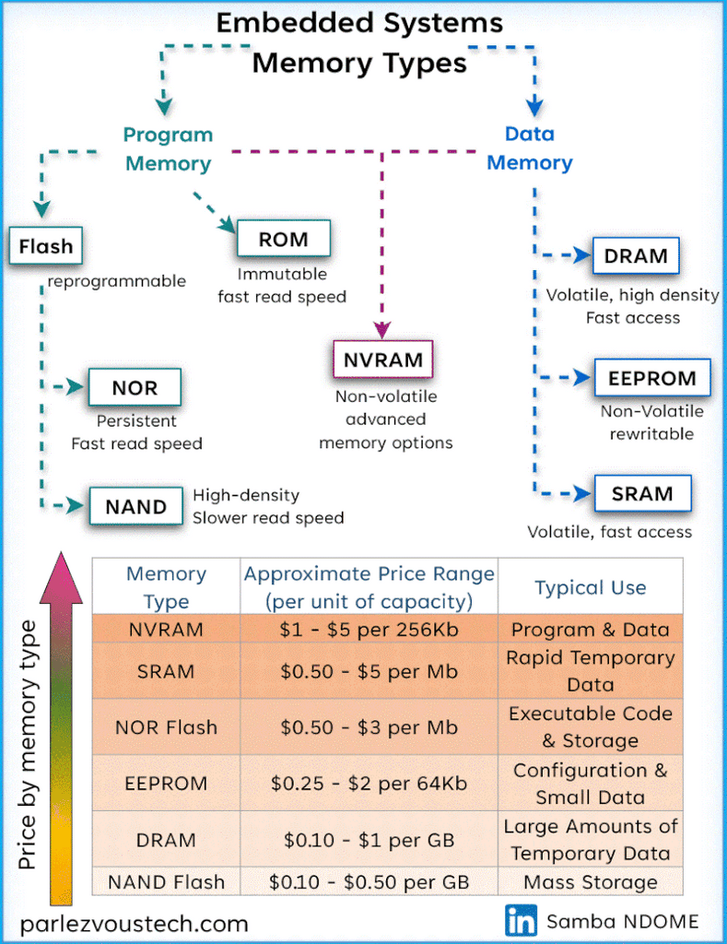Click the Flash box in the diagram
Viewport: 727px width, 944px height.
click(x=45, y=246)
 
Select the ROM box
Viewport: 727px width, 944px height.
click(x=283, y=240)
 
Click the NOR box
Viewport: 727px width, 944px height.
click(x=135, y=388)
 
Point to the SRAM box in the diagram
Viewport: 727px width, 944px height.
click(x=641, y=493)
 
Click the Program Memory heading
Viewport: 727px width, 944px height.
click(x=168, y=149)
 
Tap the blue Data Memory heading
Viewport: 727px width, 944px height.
click(x=530, y=149)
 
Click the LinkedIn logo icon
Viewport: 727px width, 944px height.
click(x=521, y=919)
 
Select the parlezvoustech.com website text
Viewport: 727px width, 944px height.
click(x=134, y=923)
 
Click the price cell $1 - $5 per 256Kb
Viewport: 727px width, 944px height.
click(x=369, y=630)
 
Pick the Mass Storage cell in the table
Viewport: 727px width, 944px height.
click(x=591, y=882)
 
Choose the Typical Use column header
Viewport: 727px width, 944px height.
click(x=591, y=587)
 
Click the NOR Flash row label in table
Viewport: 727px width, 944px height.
click(x=166, y=727)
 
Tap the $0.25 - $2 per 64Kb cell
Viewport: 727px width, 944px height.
click(x=369, y=784)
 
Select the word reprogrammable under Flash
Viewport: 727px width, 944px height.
click(x=117, y=281)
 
